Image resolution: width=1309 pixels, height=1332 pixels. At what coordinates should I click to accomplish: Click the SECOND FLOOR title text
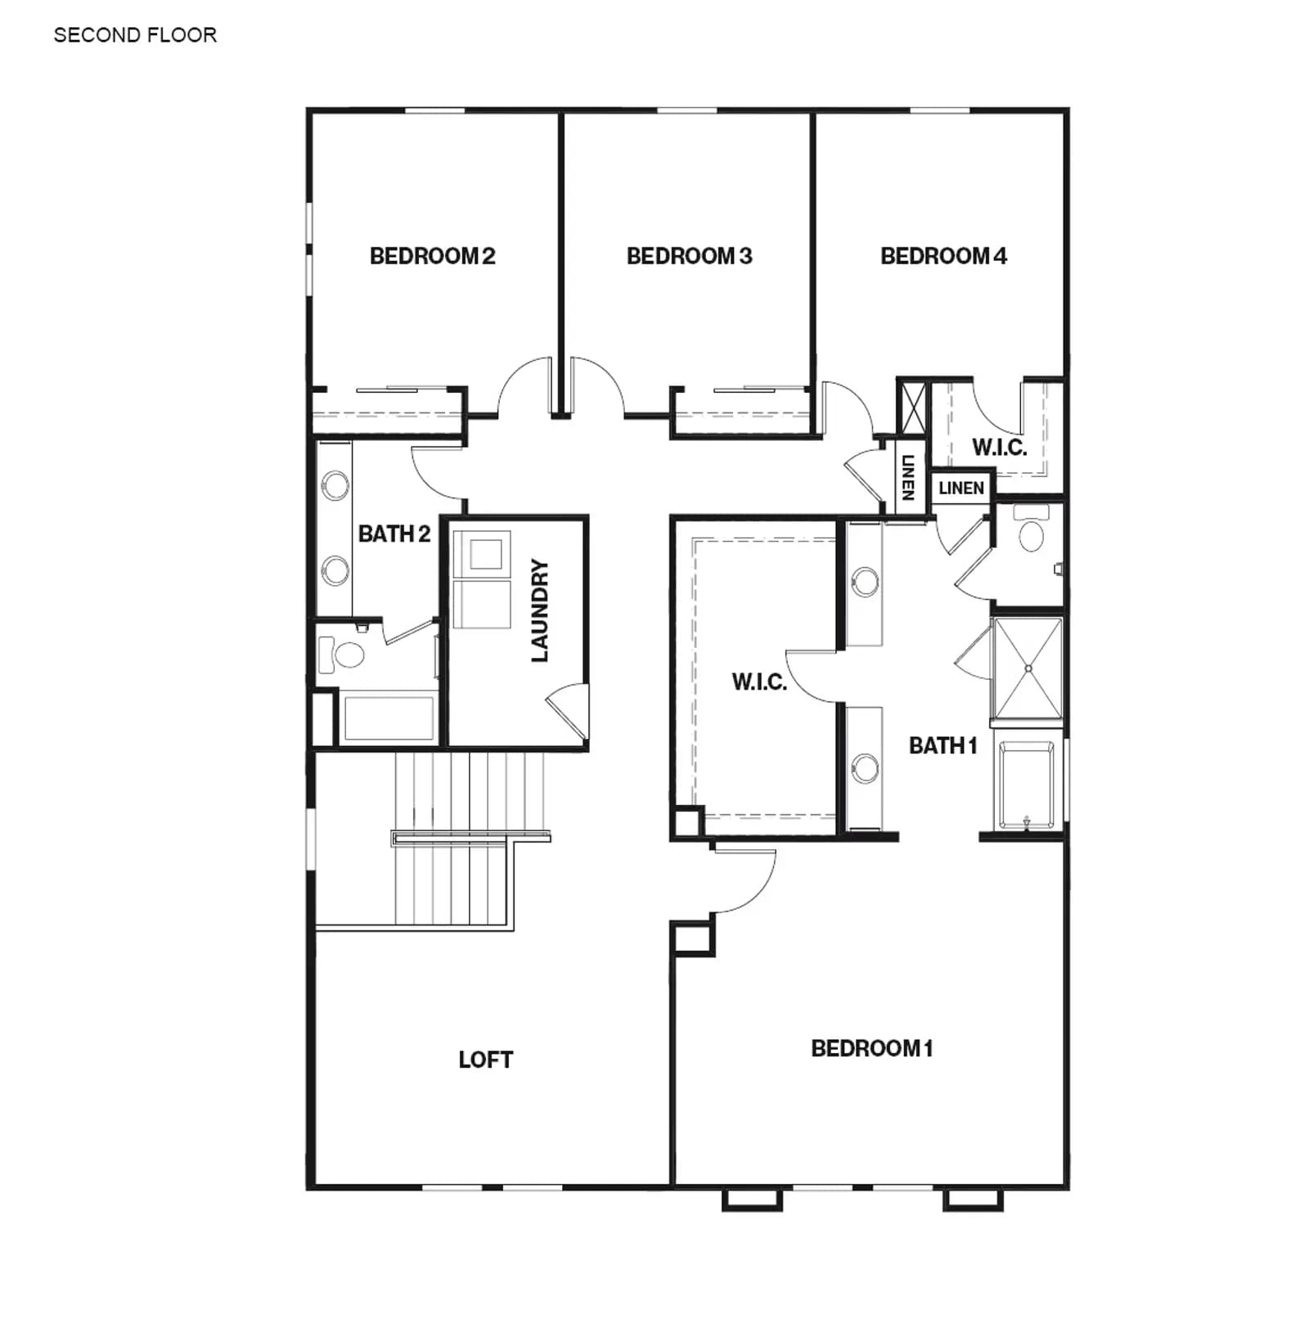click(x=135, y=35)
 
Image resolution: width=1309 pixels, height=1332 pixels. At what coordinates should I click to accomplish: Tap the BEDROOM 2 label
click(x=432, y=256)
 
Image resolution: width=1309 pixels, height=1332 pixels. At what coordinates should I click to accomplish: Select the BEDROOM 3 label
click(x=689, y=256)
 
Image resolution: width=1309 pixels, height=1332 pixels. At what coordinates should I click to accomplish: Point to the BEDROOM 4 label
click(x=943, y=256)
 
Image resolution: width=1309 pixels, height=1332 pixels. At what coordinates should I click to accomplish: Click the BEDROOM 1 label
click(x=871, y=1048)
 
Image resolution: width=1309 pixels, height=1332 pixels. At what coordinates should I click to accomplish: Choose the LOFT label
click(x=485, y=1060)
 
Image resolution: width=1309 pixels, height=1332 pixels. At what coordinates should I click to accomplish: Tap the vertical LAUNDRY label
click(x=540, y=610)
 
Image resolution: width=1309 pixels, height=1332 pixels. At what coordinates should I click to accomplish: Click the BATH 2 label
click(x=394, y=533)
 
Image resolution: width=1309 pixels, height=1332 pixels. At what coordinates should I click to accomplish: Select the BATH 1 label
click(x=943, y=745)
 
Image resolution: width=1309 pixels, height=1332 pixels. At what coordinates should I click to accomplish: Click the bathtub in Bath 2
click(x=389, y=718)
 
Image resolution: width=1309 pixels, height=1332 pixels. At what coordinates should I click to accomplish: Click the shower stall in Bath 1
click(x=1028, y=668)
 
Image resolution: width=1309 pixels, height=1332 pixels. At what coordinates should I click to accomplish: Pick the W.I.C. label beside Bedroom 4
click(x=999, y=448)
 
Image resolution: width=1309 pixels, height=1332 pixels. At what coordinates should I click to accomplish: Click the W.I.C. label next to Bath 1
click(x=759, y=682)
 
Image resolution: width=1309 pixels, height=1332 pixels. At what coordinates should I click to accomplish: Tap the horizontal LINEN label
click(x=961, y=488)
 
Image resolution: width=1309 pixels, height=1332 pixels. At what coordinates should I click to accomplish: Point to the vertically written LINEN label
click(x=907, y=477)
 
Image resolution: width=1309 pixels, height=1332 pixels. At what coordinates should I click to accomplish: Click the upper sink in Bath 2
click(x=335, y=484)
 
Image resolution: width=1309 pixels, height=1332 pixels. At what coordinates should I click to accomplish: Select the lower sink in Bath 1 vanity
click(x=865, y=768)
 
